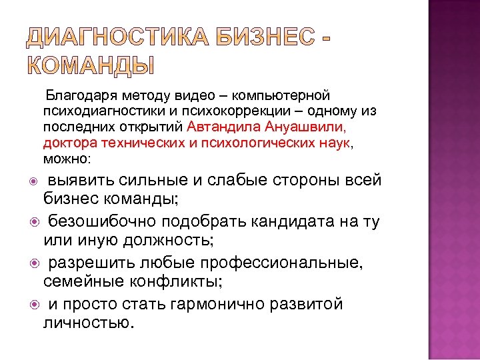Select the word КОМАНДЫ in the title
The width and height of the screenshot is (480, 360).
(90, 67)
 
